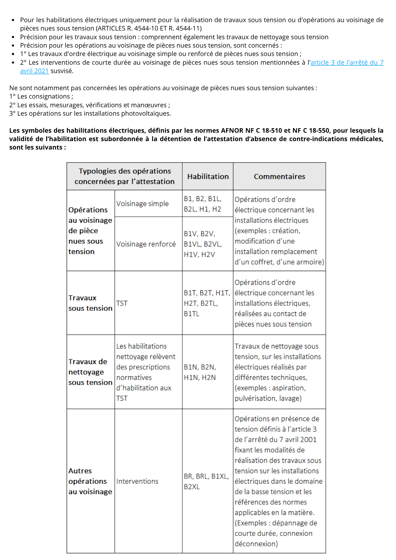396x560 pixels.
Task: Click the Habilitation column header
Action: pos(208,176)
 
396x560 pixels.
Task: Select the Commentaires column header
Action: pos(279,176)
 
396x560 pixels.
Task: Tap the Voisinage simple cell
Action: pos(143,204)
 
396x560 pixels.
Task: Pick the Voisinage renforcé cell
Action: pos(146,244)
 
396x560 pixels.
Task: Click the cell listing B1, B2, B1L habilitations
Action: pos(202,204)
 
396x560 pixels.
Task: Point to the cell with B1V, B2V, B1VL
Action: pos(203,244)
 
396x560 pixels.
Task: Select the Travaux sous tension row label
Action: pos(90,303)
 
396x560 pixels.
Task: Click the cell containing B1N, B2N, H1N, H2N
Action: pos(200,372)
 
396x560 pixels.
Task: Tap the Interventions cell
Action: pos(137,481)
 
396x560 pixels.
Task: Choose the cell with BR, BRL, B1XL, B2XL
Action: pos(206,481)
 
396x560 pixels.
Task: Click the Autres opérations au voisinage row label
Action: pos(90,481)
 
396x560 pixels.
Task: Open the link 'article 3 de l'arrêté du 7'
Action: pos(347,62)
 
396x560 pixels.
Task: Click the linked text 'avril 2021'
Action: pos(34,71)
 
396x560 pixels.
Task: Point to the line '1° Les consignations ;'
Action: pos(41,97)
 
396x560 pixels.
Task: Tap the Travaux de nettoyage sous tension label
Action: pos(90,372)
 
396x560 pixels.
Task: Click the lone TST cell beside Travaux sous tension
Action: pos(122,303)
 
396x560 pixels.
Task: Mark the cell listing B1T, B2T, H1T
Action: pos(207,303)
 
